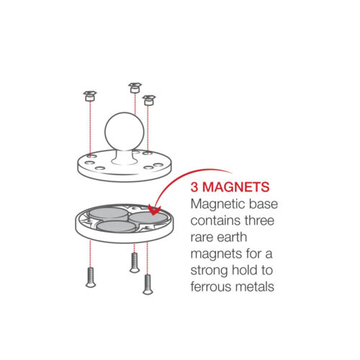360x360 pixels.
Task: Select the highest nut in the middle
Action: (133, 87)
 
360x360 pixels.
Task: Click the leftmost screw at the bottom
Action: (91, 276)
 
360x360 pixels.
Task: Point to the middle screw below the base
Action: (133, 263)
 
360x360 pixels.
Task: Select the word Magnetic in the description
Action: (215, 205)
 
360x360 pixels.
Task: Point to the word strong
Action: (208, 271)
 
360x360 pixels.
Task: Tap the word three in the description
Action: (258, 222)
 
